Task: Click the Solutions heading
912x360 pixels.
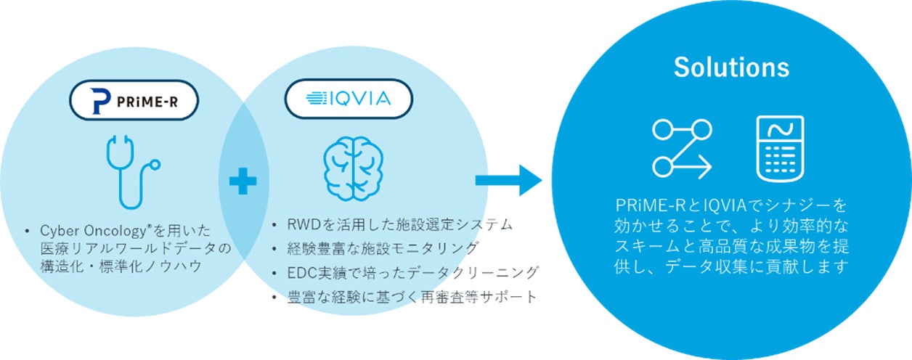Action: click(x=731, y=67)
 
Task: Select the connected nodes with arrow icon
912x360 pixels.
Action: click(x=681, y=150)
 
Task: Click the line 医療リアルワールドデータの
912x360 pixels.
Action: click(x=134, y=249)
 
